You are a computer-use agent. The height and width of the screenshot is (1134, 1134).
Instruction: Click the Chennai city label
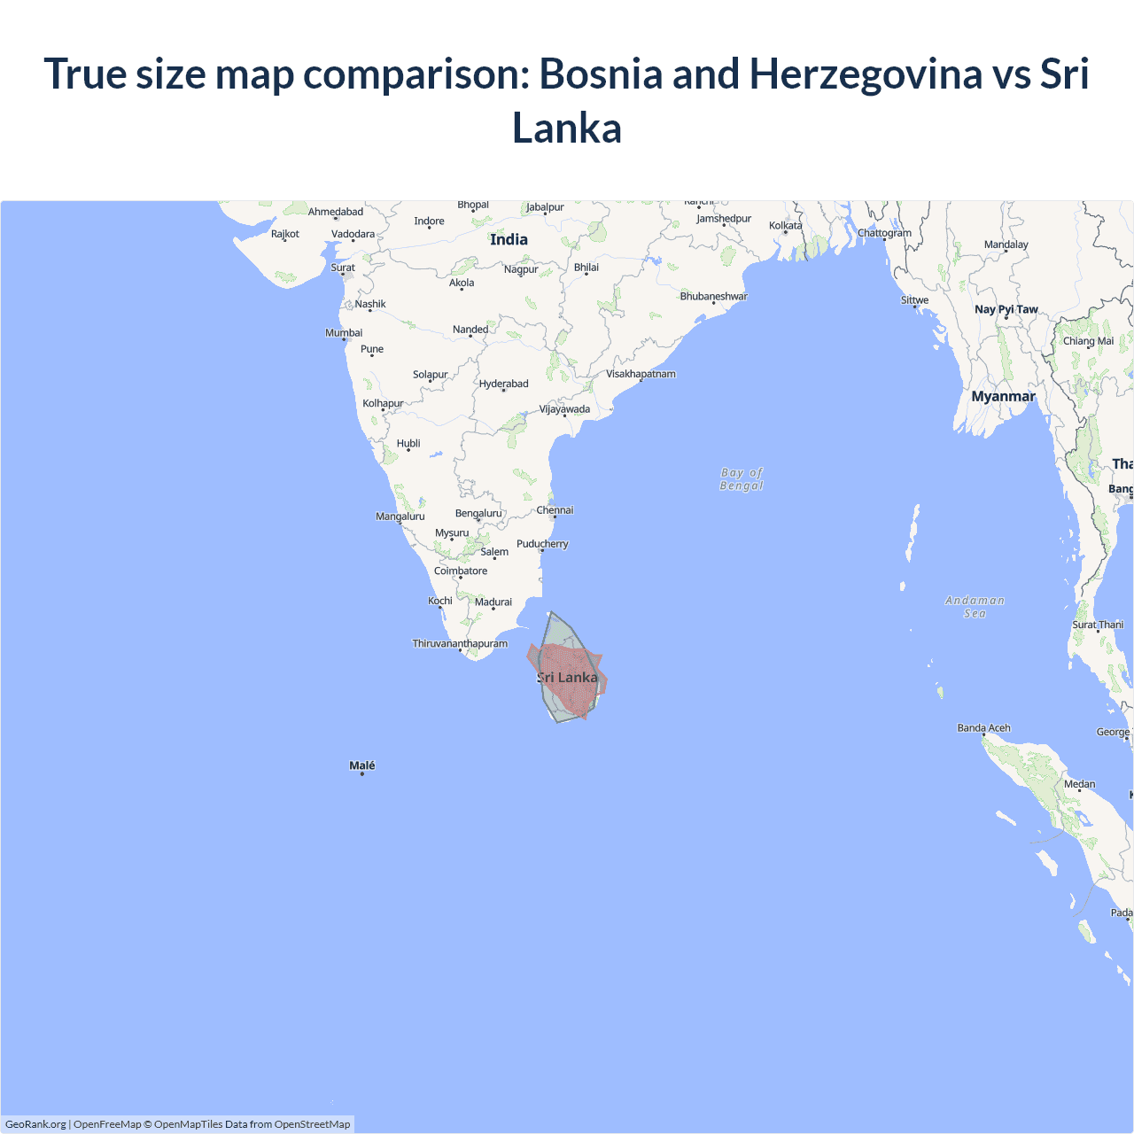(x=555, y=509)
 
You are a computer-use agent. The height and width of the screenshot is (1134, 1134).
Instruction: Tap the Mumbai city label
(x=344, y=333)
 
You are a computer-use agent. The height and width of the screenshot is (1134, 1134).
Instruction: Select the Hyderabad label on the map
(x=503, y=384)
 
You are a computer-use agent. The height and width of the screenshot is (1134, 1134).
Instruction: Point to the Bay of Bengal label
(x=742, y=479)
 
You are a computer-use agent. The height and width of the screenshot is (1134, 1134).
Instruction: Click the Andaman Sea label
(x=975, y=607)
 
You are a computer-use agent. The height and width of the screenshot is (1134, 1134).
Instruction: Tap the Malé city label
(x=361, y=765)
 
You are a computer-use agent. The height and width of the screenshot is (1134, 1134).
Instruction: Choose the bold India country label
(x=509, y=239)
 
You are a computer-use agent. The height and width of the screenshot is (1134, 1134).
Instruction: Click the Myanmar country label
(x=1003, y=396)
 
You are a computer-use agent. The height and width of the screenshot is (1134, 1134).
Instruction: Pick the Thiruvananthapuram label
(x=460, y=643)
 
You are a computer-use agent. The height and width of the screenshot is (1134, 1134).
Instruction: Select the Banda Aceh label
(x=983, y=727)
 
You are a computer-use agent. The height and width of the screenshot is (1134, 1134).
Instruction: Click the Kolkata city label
(x=785, y=225)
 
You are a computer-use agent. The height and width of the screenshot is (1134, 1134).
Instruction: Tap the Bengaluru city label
(x=478, y=513)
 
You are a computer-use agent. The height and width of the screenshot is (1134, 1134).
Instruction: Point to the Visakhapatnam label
(x=641, y=374)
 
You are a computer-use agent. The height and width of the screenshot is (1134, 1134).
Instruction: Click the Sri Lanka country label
(x=568, y=678)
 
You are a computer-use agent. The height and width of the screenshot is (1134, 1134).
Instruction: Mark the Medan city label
(x=1079, y=784)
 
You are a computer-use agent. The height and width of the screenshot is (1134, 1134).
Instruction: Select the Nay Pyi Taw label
(x=1006, y=309)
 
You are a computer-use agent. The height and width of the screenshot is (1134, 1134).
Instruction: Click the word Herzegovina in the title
(x=866, y=73)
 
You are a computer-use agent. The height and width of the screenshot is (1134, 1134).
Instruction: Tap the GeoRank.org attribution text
(x=35, y=1124)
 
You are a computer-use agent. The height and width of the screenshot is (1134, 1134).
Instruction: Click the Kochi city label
(x=440, y=601)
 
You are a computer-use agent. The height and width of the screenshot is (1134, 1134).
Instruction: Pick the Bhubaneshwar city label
(x=713, y=296)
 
